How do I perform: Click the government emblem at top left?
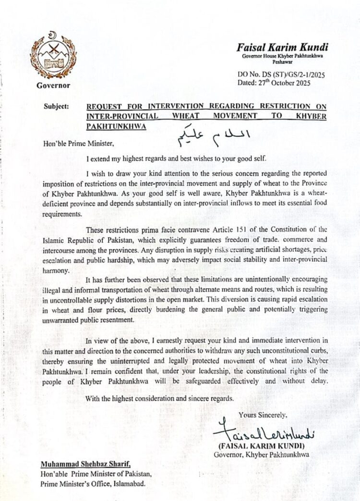[53, 56]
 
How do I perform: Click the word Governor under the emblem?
[53, 86]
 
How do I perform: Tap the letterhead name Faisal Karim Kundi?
[274, 47]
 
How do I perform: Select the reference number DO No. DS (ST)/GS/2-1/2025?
[275, 75]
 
